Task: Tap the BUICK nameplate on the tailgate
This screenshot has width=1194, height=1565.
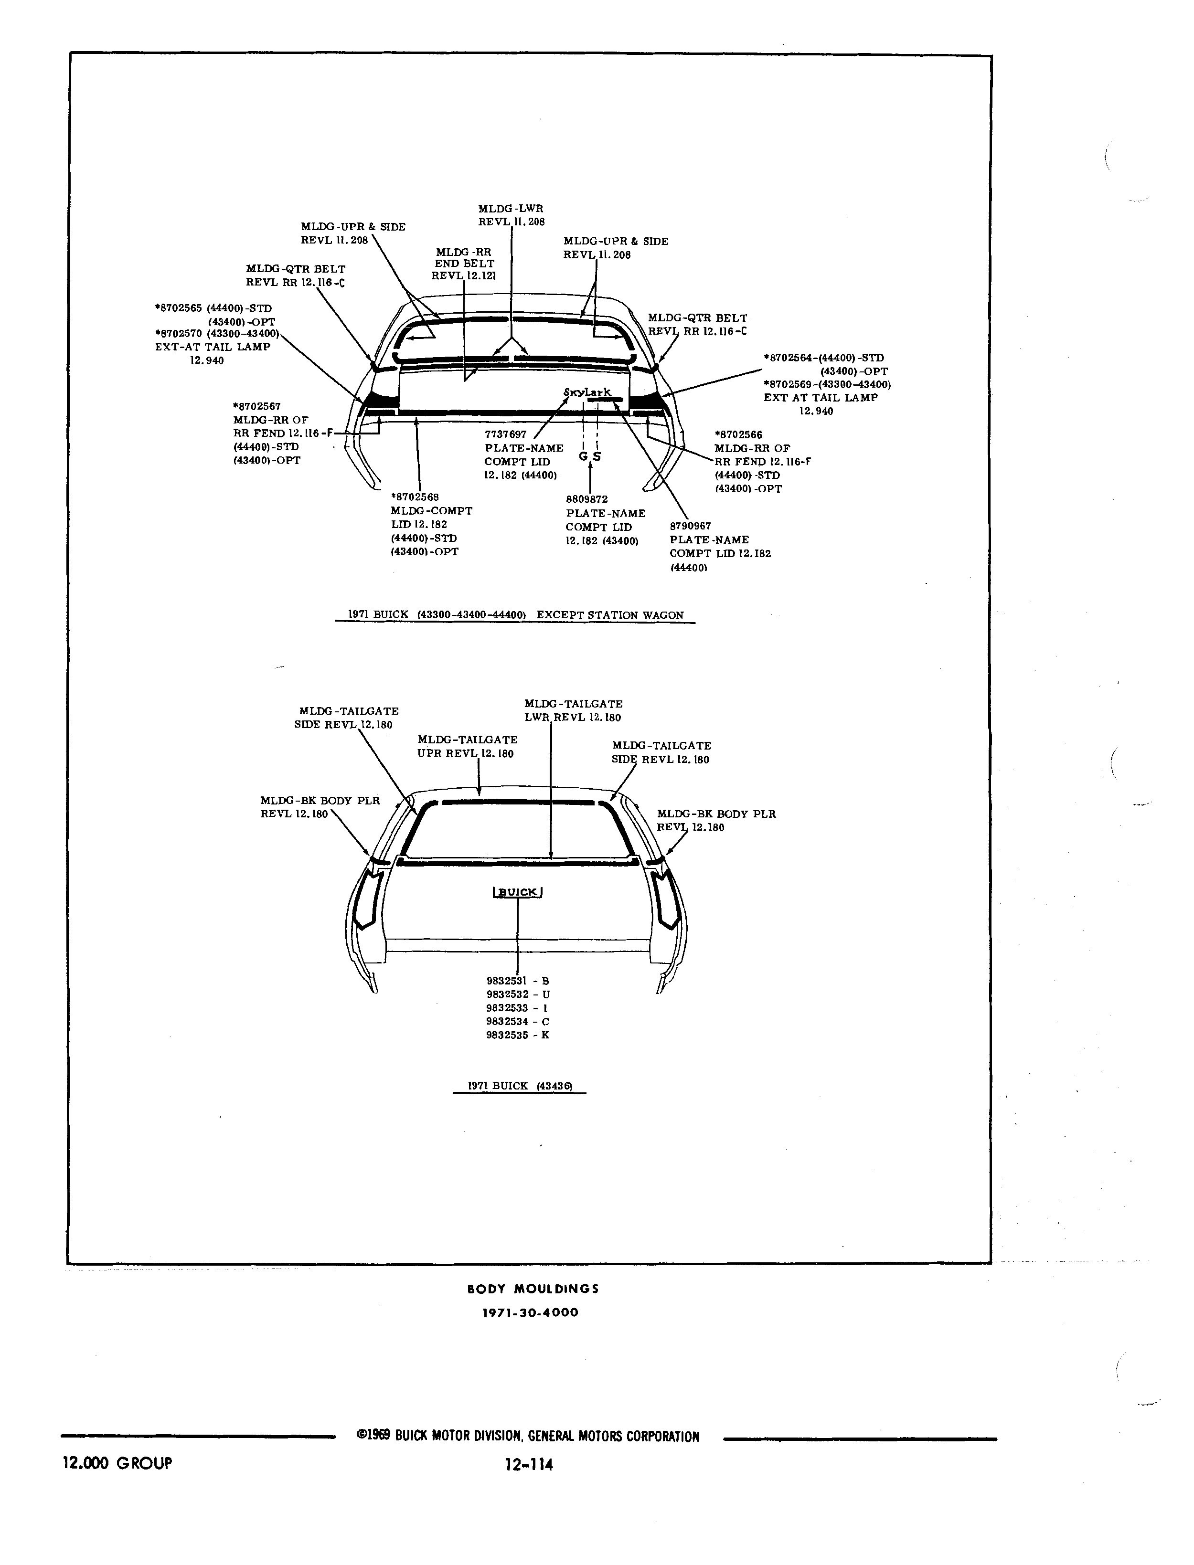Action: [517, 892]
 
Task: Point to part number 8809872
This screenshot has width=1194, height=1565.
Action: [587, 499]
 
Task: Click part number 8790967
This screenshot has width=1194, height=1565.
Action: [690, 527]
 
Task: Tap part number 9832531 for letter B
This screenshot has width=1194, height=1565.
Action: [507, 981]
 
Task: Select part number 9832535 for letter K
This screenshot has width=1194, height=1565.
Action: [507, 1035]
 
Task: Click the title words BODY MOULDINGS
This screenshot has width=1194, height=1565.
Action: [533, 1289]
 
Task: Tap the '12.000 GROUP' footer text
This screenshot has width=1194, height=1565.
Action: [117, 1463]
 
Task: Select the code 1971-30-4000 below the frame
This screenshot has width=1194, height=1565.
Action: [530, 1313]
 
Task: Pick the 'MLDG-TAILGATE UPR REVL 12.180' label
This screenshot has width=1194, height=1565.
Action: [468, 747]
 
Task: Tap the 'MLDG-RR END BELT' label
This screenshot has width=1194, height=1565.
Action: [464, 258]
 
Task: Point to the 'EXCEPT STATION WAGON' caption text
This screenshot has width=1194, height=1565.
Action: [610, 615]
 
